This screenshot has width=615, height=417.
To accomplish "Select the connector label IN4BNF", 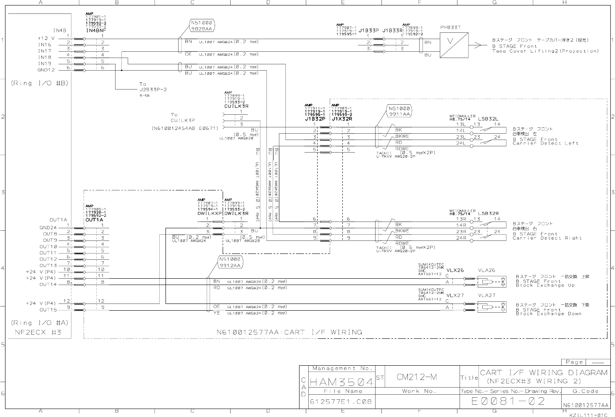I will [96, 31].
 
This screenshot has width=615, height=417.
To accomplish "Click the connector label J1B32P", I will [315, 119].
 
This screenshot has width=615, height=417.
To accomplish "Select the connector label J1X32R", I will [342, 119].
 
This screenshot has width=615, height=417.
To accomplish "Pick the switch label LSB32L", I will [488, 119].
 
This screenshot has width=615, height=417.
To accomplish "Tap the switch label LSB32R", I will [488, 214].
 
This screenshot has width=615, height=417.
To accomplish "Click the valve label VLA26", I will [487, 270].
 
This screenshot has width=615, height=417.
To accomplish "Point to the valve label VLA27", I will [487, 296].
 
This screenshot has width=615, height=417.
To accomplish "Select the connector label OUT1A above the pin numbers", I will [95, 220].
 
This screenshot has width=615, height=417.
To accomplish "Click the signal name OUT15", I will [48, 310].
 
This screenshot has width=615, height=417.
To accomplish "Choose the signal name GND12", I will [46, 70].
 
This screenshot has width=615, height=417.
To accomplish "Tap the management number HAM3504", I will [341, 382].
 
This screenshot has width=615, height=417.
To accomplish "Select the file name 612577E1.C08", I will [341, 401].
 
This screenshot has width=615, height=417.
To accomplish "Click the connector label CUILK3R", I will [236, 106].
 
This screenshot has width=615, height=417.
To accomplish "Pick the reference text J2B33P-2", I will [153, 90].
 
